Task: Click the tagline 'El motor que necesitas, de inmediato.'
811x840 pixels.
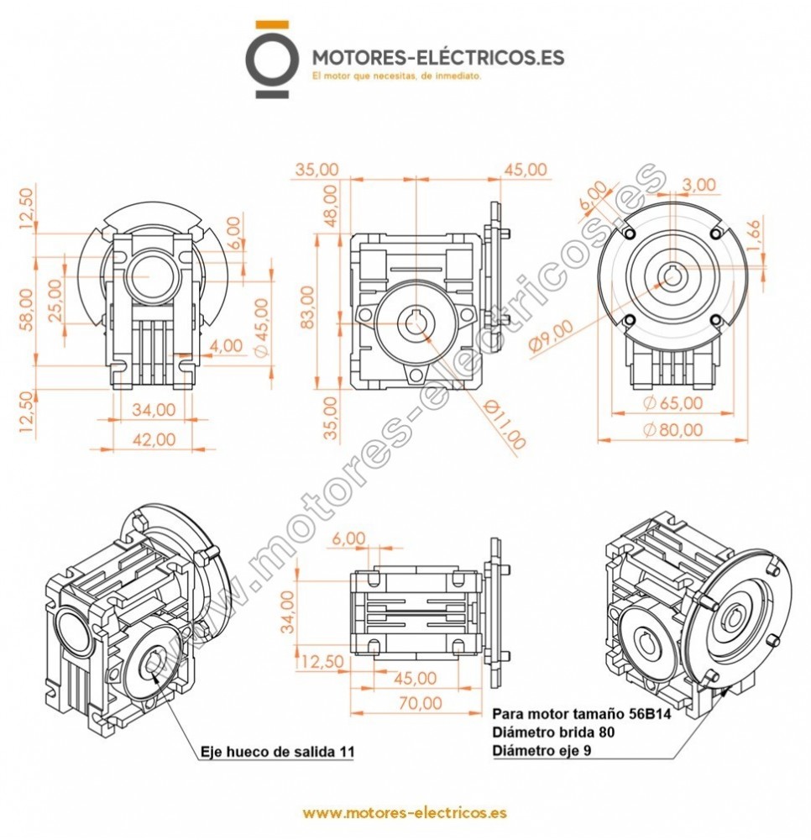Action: [395, 76]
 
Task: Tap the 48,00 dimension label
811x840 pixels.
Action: [332, 205]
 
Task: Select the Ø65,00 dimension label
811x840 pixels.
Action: [672, 402]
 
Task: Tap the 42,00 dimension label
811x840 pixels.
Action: [155, 438]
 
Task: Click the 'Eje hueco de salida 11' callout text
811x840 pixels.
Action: [277, 753]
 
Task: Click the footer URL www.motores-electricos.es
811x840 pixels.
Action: [404, 814]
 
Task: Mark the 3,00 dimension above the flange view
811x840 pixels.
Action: [699, 185]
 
